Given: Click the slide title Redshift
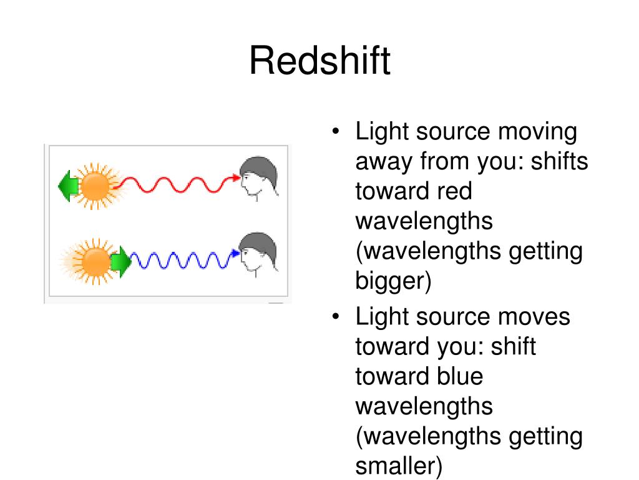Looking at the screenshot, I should (319, 62).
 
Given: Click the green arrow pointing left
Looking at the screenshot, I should (67, 186).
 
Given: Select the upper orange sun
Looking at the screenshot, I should (95, 186).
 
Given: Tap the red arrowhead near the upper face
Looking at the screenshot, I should (235, 178).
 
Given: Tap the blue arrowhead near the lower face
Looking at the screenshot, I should (235, 254).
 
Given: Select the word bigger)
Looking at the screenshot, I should (393, 281).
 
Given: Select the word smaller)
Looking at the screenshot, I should (399, 466).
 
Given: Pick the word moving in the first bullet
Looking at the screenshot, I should (537, 132).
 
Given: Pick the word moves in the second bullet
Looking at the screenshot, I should (534, 317).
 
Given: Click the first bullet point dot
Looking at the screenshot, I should (336, 133).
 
